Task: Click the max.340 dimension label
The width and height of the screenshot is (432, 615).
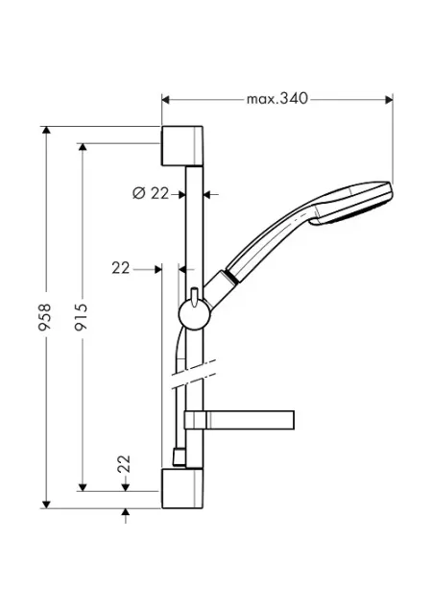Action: coord(277,98)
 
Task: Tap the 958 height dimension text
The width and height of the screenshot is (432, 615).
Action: coord(45,316)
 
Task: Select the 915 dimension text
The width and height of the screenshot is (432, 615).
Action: coord(82,316)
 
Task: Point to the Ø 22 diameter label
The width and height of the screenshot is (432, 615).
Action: coord(151,193)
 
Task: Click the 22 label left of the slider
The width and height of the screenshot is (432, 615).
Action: coord(120,268)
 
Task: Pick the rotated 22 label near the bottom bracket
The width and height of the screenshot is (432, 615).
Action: coord(124,463)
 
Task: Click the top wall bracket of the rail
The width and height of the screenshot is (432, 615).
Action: coord(182,146)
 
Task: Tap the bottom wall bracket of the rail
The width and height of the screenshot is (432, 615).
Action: coord(182,488)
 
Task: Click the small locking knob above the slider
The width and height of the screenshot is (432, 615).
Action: coord(194,297)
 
